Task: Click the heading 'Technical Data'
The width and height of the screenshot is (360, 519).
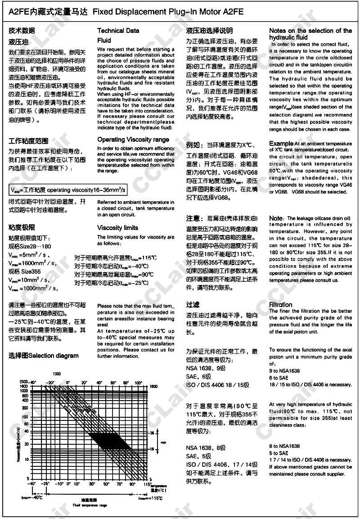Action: (118, 31)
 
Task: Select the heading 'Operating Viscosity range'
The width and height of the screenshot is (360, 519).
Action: (133, 140)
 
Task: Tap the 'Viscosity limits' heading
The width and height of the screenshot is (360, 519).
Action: (118, 228)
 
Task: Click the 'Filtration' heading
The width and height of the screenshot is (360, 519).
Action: (281, 304)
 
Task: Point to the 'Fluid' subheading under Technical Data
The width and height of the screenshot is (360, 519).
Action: (104, 41)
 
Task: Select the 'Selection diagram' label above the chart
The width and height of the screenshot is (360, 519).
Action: (44, 356)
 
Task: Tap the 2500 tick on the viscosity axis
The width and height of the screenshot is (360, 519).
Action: (23, 382)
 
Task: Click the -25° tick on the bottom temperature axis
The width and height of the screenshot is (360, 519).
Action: (45, 484)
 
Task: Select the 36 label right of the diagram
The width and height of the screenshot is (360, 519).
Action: (152, 433)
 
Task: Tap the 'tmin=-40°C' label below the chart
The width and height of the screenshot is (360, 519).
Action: (31, 498)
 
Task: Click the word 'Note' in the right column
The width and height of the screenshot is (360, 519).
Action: (276, 218)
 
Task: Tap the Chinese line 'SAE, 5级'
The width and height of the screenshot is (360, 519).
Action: (198, 456)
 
